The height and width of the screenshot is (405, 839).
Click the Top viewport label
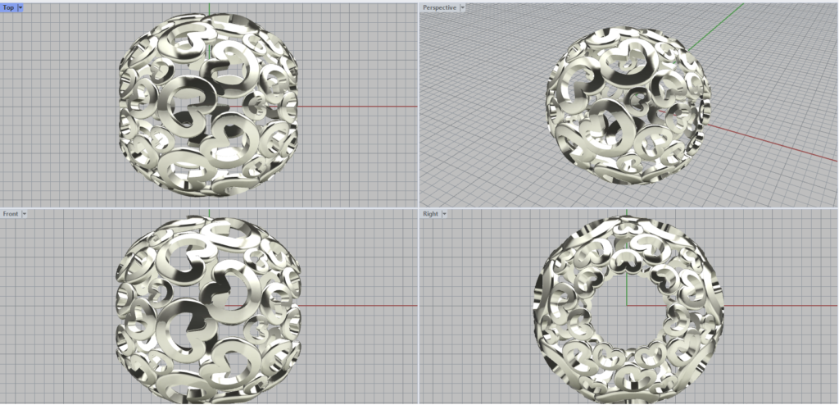[x=8, y=8]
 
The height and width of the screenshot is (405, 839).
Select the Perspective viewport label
[x=439, y=8]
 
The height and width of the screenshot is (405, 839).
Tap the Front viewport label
[x=11, y=214]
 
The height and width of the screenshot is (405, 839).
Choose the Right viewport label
[x=430, y=214]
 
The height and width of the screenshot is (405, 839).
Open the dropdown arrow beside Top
[x=20, y=8]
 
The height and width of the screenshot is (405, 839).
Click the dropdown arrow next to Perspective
[x=462, y=8]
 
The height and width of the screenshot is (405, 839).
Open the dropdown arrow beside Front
[x=24, y=214]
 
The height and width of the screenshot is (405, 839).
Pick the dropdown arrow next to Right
[x=443, y=214]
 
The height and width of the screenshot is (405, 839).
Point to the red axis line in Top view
[x=356, y=106]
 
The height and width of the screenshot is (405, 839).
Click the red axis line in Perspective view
[x=770, y=142]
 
